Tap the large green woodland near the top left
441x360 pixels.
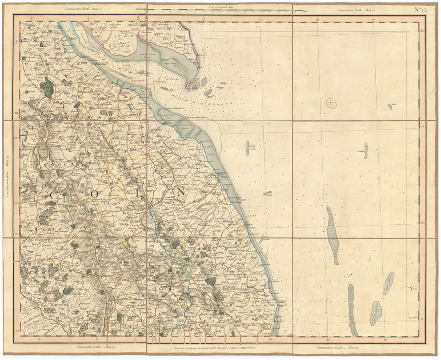48,88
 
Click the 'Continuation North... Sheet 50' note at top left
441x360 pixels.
84,9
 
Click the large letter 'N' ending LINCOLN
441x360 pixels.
180,193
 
